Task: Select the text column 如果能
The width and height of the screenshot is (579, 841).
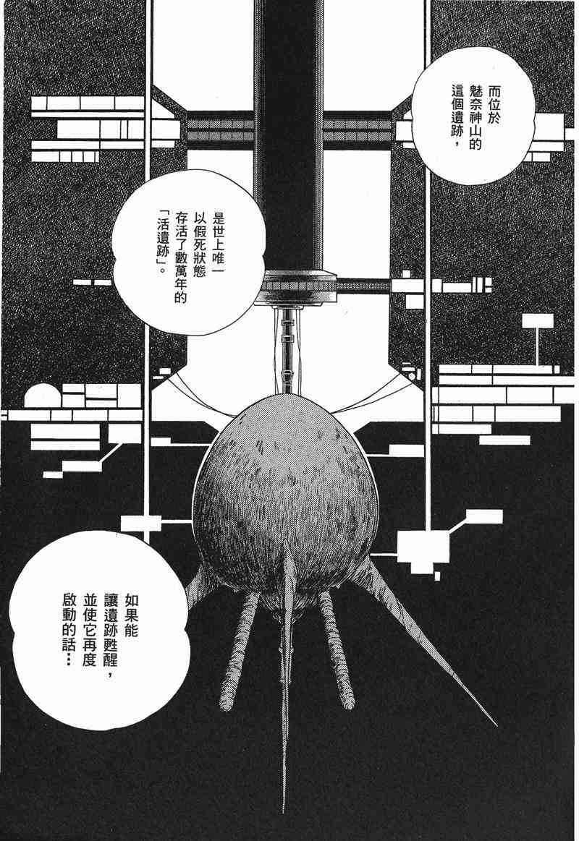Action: pos(131,615)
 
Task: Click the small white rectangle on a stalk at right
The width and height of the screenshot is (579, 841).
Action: pos(538,322)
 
